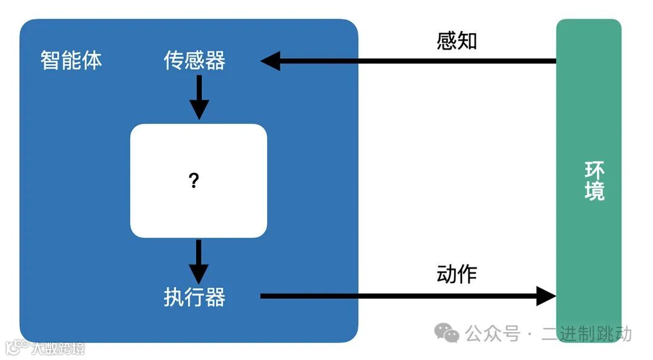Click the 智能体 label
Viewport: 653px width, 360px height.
click(71, 61)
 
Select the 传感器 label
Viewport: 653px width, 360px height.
click(195, 61)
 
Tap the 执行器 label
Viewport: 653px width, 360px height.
click(195, 296)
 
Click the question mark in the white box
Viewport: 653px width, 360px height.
click(194, 180)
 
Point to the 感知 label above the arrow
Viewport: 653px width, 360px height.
click(456, 41)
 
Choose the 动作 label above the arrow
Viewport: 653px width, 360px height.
click(456, 275)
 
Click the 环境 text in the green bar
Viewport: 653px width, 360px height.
click(594, 181)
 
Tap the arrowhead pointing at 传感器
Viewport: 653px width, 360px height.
click(270, 61)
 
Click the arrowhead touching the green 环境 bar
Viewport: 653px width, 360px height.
click(546, 296)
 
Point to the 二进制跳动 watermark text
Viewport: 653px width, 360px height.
click(586, 333)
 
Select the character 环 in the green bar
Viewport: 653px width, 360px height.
click(594, 170)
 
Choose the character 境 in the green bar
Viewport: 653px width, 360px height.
click(594, 192)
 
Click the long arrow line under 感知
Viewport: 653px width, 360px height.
click(417, 61)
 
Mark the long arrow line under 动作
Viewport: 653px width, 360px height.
click(399, 296)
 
